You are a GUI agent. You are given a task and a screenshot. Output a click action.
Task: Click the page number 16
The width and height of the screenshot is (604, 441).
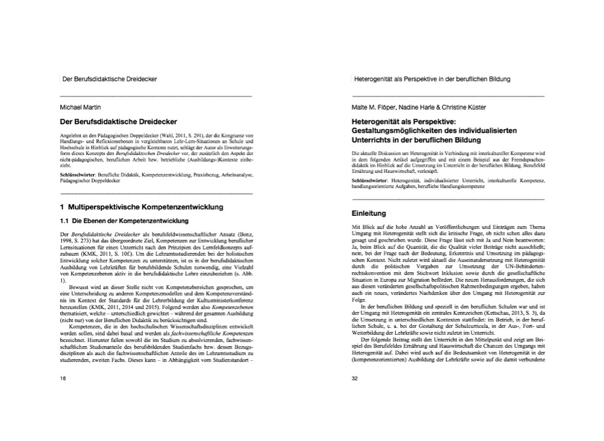click(63, 379)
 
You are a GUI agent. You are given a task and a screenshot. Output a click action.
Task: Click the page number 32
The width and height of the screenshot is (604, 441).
click(354, 379)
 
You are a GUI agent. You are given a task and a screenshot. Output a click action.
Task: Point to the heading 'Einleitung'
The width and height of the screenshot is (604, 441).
click(369, 213)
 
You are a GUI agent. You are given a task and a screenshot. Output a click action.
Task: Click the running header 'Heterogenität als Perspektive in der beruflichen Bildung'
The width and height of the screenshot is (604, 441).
click(431, 78)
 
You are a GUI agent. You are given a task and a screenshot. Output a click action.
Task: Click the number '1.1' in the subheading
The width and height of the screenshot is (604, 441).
click(64, 221)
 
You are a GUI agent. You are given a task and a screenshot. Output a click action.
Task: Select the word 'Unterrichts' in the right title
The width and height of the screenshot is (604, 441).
click(372, 140)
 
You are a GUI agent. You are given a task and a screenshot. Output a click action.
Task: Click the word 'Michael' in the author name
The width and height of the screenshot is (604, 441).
click(70, 107)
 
